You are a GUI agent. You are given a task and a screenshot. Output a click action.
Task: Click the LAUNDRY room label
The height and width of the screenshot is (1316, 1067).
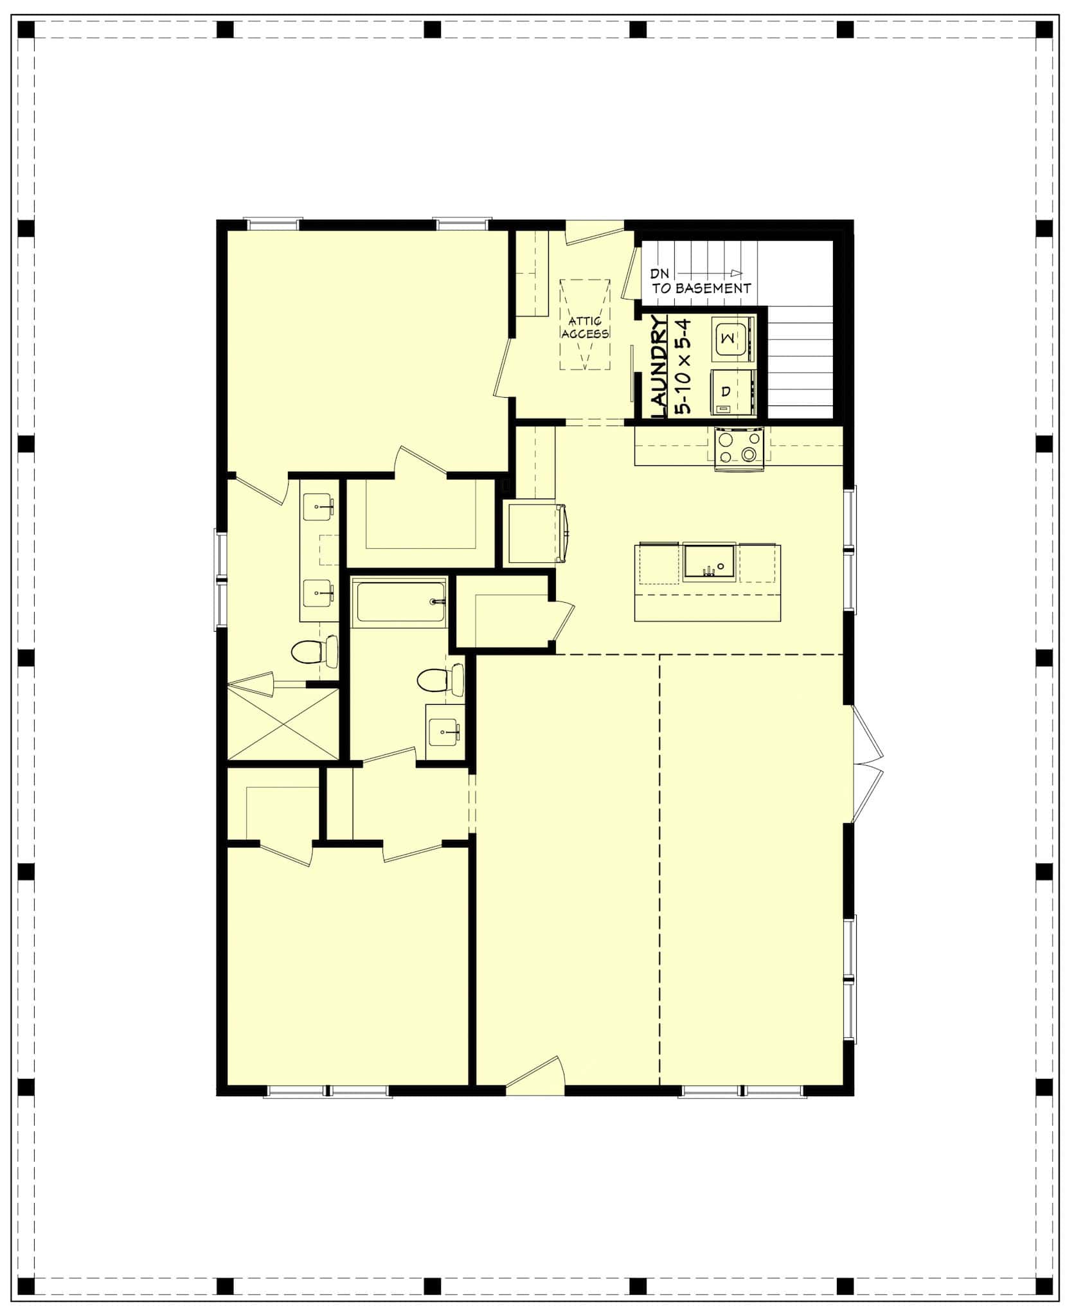coord(658,366)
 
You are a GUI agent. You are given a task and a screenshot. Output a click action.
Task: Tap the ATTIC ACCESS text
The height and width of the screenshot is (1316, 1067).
coord(585,327)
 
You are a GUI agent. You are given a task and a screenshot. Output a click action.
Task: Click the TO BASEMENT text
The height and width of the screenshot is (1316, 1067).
coord(702,289)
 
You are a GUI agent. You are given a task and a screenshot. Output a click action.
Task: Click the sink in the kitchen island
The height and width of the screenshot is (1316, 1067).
coord(710,560)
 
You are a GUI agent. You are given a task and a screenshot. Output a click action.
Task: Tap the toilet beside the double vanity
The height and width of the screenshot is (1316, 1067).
coord(314,652)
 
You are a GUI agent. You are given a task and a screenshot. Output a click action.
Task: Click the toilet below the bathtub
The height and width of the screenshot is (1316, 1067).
coord(440,679)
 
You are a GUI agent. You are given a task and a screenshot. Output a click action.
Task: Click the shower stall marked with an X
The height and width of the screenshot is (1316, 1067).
coord(283,724)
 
